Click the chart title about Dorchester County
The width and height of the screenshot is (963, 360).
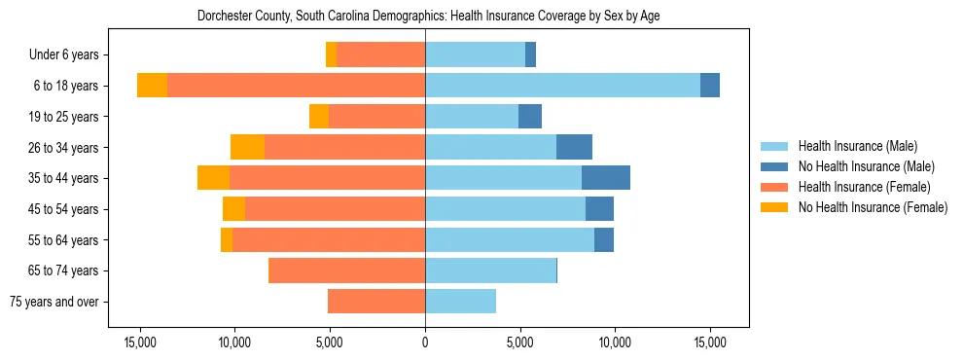tap(428, 17)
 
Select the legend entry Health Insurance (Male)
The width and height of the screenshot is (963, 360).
tap(857, 146)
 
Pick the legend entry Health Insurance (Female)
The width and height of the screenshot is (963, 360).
tap(864, 187)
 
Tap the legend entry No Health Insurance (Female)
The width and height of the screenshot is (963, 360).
tap(873, 207)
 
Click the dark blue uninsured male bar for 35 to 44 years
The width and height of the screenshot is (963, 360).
tap(606, 178)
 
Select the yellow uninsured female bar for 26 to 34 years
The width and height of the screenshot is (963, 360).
tap(247, 147)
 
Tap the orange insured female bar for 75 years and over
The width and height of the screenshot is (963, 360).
tap(376, 302)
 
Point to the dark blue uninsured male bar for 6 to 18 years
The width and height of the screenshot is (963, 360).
tap(710, 86)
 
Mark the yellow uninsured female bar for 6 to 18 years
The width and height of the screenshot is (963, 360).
tap(152, 86)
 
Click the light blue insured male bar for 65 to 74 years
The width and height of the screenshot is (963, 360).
tap(490, 270)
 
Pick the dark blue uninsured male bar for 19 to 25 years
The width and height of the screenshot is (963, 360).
tap(530, 117)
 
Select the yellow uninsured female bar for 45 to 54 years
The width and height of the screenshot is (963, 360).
tap(233, 209)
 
